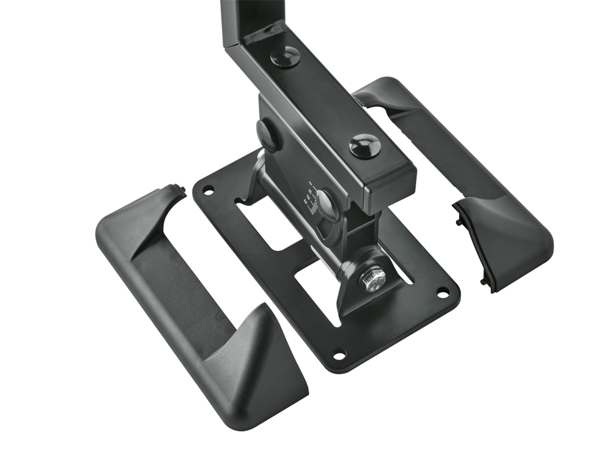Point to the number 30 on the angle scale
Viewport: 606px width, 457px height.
coord(305,202)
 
